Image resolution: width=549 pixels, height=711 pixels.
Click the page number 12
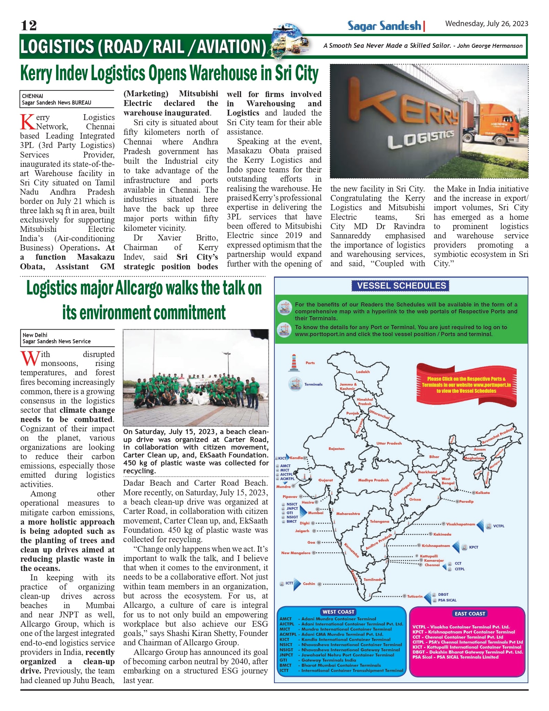pos(29,25)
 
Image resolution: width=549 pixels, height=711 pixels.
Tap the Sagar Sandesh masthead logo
pos(384,26)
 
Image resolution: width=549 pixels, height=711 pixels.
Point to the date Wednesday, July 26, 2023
pos(486,23)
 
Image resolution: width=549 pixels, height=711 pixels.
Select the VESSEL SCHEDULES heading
pos(401,286)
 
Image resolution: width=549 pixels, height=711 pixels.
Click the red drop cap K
pos(28,122)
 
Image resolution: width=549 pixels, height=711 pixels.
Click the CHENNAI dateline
pos(33,96)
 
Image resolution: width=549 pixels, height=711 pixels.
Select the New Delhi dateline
pos(35,335)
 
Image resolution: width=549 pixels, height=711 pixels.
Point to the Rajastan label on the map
pos(336,449)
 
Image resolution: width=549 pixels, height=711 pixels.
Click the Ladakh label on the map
pos(363,371)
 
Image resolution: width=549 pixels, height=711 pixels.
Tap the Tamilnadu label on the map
pos(373,579)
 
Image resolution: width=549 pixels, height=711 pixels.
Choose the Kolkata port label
pos(482,493)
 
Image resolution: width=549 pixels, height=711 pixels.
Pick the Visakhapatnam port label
pos(460,524)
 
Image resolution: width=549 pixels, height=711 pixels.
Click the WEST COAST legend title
pos(338,612)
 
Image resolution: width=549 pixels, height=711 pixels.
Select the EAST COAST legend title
pos(469,613)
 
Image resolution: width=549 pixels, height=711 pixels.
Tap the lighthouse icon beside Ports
pos(294,363)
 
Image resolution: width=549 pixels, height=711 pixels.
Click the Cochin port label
pos(309,583)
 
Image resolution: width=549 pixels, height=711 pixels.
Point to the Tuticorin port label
pos(414,596)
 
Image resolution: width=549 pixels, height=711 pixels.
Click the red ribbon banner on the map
pos(466,385)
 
